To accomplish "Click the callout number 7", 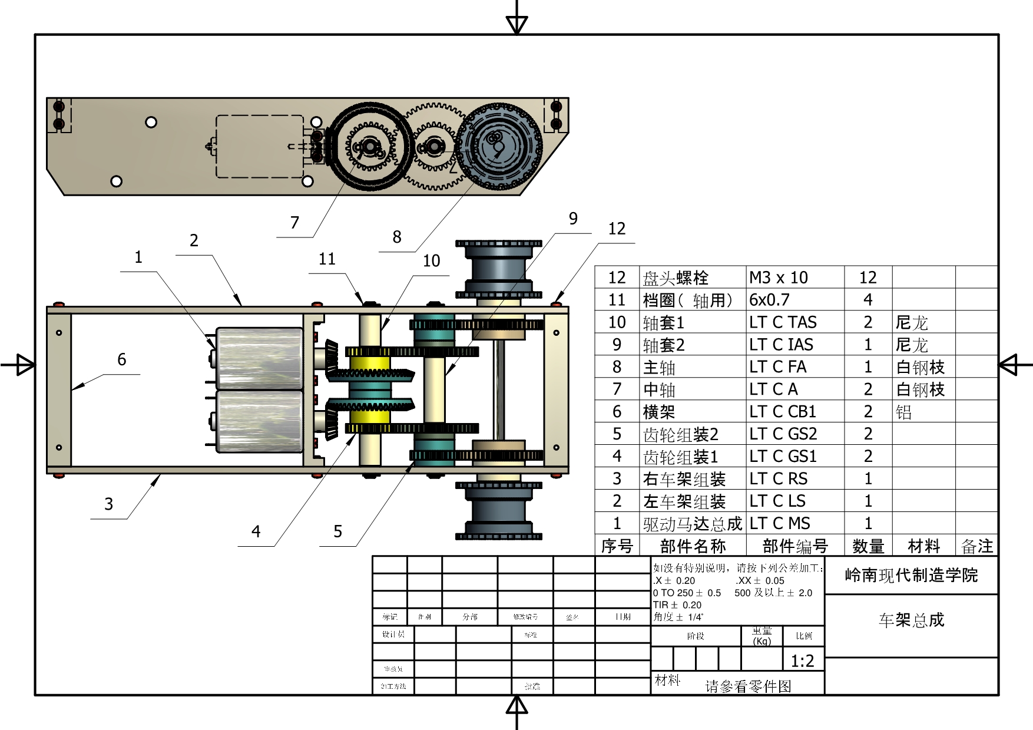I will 294,223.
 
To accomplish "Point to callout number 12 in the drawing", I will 617,229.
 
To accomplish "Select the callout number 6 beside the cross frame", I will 122,359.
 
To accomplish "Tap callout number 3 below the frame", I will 108,504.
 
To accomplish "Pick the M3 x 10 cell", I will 778,278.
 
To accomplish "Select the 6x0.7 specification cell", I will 769,300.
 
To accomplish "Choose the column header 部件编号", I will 794,546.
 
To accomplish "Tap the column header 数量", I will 868,546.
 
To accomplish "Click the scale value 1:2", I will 802,661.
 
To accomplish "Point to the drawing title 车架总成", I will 911,620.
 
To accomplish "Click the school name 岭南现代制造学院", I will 911,576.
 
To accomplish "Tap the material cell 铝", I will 904,412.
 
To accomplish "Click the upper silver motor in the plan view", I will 259,358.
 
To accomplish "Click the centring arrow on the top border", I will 516,24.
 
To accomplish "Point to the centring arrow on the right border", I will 1011,365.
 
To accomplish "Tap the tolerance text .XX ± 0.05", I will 760,580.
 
